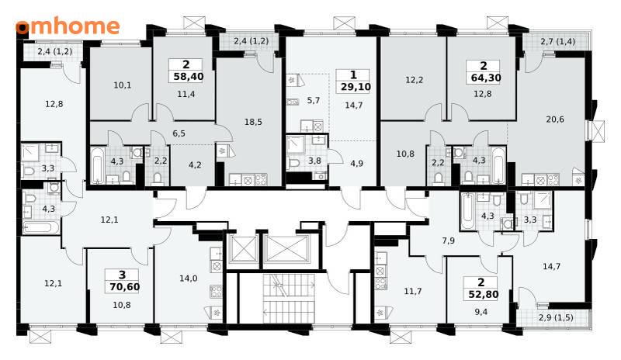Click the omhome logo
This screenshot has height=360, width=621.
coord(68,26)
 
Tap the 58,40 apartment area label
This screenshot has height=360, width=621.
coord(189,77)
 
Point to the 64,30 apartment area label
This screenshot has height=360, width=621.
coord(486,78)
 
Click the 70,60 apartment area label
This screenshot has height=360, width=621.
coord(125,287)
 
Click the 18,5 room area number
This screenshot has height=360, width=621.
coord(253,122)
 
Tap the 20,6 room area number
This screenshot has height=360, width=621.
coord(555,119)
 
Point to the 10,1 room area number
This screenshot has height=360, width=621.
coord(122,85)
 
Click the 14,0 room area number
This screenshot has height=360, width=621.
coord(188,279)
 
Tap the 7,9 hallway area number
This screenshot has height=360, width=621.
coord(449,241)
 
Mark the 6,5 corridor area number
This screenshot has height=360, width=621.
coord(179,133)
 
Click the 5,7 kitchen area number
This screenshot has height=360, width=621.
coord(314,101)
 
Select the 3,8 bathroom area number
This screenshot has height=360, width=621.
coord(314,161)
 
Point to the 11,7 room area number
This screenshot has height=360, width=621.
coord(413,292)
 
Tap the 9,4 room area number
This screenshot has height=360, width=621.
coord(480,312)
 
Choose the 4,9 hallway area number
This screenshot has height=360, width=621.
coord(356,164)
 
